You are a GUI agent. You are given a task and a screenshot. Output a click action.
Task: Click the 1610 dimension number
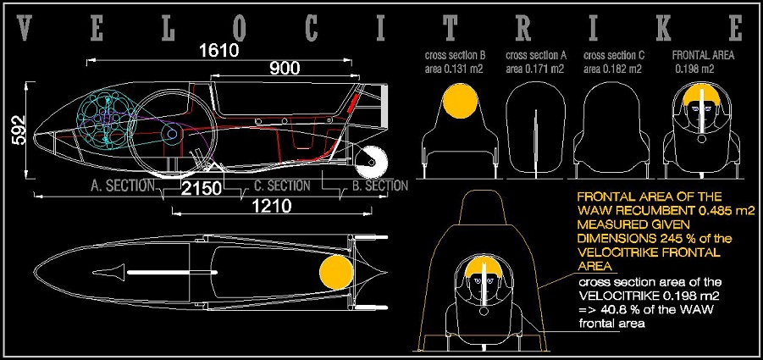click(x=219, y=51)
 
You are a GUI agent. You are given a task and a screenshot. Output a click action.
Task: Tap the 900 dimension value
click(x=285, y=69)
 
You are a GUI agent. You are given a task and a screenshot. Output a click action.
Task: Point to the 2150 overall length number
click(x=202, y=189)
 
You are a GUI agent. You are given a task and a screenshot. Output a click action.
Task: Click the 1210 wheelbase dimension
click(x=272, y=207)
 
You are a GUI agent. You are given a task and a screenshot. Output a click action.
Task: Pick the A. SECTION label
click(x=123, y=186)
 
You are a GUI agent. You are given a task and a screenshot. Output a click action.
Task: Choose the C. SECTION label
click(x=282, y=186)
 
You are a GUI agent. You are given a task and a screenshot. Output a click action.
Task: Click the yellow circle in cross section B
click(x=459, y=100)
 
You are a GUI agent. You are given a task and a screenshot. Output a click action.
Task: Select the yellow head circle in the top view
click(x=336, y=273)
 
